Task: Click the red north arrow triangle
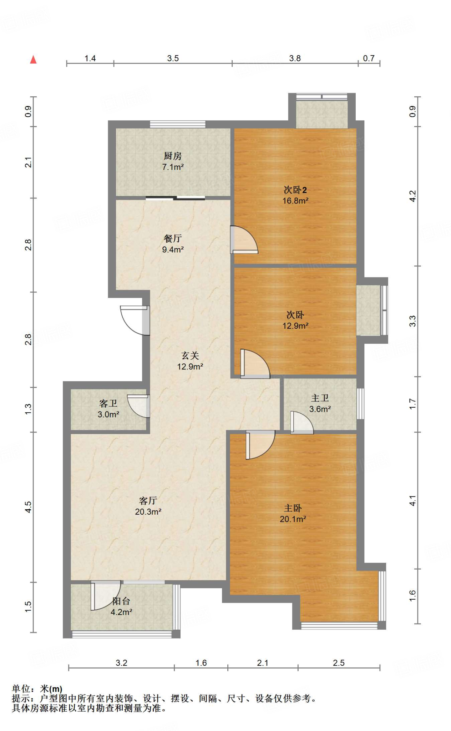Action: [33, 60]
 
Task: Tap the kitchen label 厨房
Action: [173, 156]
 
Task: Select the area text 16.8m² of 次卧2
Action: [295, 201]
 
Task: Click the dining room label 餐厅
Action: [173, 238]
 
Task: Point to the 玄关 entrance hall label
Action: [190, 356]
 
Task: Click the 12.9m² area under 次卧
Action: [295, 326]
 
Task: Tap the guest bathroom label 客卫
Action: [108, 403]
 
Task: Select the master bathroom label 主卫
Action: [320, 398]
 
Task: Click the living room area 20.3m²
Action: [148, 512]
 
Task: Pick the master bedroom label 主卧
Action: [293, 508]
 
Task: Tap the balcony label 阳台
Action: [121, 601]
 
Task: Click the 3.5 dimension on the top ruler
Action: [173, 58]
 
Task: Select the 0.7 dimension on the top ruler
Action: [369, 58]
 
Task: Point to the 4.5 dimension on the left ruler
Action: [28, 507]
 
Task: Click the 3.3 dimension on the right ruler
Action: [412, 321]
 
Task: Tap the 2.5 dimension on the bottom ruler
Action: [339, 663]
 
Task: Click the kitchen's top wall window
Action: [177, 124]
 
